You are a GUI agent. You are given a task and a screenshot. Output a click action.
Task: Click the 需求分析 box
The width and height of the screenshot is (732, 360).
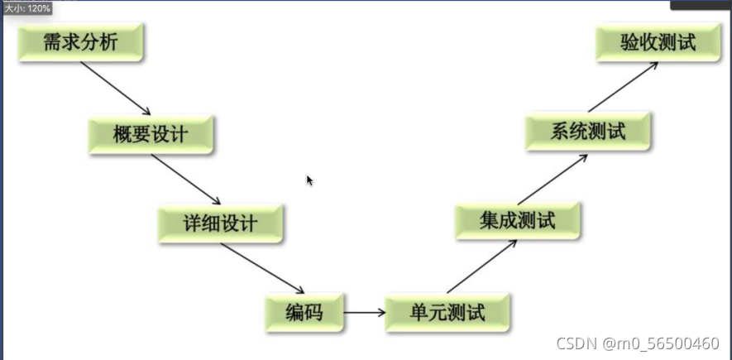coord(81,43)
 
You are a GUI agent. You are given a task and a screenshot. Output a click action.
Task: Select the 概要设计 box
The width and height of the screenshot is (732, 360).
coord(151,135)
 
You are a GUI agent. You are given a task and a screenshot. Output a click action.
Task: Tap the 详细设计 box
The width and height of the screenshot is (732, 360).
coord(221,223)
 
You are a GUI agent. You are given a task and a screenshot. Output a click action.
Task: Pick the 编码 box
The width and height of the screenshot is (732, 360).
coord(304,313)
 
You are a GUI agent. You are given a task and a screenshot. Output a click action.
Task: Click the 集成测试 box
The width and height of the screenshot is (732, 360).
coord(518,221)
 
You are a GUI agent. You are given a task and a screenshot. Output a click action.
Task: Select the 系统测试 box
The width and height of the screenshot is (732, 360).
coord(588,132)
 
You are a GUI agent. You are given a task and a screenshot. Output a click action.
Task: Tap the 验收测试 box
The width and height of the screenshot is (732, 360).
coord(658,43)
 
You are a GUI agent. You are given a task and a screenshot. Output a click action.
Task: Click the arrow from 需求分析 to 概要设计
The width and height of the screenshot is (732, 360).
coord(116,89)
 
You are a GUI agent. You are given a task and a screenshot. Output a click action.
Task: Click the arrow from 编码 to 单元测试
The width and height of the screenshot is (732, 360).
coord(365,313)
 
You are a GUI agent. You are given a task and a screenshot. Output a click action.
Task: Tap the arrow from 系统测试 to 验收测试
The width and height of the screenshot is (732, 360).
coord(623,87)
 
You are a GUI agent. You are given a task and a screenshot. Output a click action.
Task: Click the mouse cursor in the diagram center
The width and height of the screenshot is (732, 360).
coord(309,180)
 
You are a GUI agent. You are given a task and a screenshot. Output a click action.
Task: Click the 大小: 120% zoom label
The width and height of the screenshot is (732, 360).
coord(27,7)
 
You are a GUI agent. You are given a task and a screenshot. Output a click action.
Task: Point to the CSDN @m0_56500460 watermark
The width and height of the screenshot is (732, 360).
coord(637,343)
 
